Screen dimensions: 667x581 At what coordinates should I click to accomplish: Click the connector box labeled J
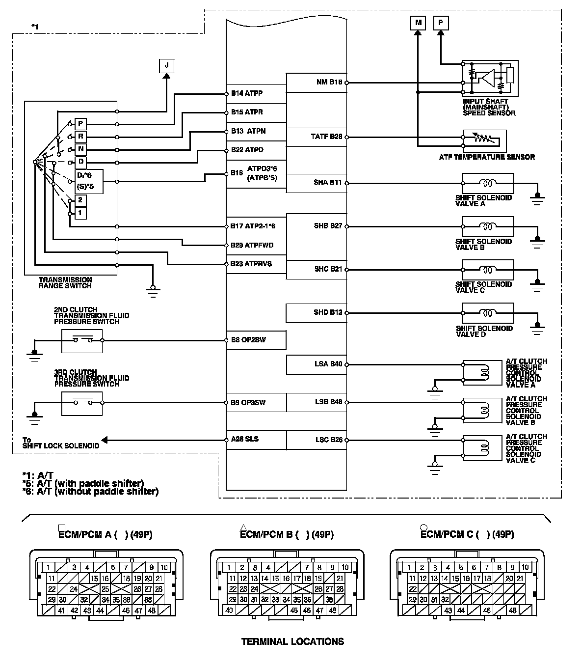click(x=167, y=65)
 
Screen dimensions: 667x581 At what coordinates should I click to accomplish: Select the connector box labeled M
click(x=418, y=23)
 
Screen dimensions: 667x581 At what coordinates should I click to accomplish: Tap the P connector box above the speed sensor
click(x=440, y=23)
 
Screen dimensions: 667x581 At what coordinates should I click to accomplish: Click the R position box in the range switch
click(x=80, y=136)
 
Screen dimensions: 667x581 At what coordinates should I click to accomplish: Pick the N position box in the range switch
click(x=80, y=149)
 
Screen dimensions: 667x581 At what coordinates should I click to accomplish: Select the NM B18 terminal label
click(x=329, y=82)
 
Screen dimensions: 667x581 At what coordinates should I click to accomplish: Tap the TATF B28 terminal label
click(x=326, y=137)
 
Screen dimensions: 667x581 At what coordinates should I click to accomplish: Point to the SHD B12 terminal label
click(x=328, y=312)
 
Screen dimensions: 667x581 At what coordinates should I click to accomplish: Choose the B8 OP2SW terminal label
click(x=248, y=340)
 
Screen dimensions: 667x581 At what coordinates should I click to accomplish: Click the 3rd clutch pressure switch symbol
click(x=82, y=403)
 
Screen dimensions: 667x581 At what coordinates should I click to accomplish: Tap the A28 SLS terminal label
click(x=245, y=439)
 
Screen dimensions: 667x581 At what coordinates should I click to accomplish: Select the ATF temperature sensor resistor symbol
click(x=482, y=139)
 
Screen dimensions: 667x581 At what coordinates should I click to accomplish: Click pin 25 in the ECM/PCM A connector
click(x=105, y=589)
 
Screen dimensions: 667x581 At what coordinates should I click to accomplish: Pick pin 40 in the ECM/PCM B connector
click(x=229, y=611)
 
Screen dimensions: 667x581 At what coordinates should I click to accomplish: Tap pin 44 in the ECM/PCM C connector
click(x=461, y=611)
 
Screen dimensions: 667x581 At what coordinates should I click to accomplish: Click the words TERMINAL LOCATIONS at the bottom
click(x=292, y=641)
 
